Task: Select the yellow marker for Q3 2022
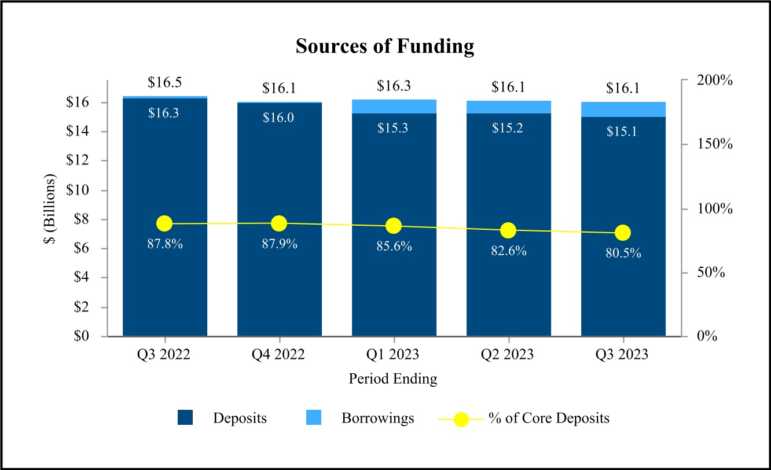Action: pos(164,223)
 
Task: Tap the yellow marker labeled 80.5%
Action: pos(623,233)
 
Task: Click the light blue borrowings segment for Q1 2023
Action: pos(394,107)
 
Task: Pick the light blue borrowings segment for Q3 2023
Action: pos(623,109)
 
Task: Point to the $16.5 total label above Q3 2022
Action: pos(164,82)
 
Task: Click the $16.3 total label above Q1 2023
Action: pos(394,86)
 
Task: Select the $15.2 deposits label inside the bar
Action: pos(508,128)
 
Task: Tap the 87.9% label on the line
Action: pos(279,244)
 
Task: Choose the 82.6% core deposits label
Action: pos(508,251)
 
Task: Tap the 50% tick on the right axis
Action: pos(709,272)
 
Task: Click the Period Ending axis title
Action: pos(393,379)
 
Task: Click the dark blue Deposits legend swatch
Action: pos(185,418)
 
